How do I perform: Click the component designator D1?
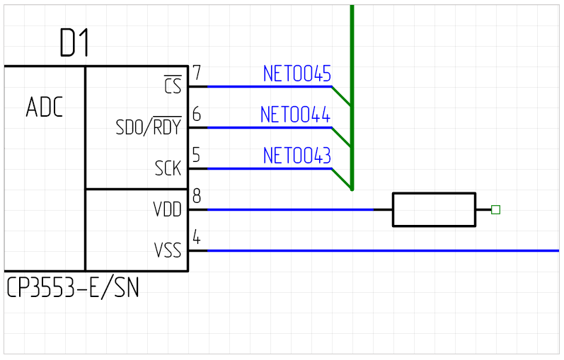[74, 45]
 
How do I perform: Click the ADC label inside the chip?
[45, 108]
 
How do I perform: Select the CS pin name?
[173, 86]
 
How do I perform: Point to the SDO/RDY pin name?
[148, 127]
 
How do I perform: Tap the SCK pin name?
[168, 169]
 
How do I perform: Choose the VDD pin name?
[167, 210]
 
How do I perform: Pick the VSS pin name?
[167, 250]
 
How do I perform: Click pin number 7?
[196, 74]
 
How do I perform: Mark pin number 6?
[196, 115]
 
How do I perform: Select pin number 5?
[196, 156]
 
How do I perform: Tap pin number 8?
[196, 197]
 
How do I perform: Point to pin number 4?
[196, 238]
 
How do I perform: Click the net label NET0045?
[297, 74]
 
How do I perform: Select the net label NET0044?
[295, 115]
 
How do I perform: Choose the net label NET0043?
[297, 156]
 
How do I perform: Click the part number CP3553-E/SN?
[73, 288]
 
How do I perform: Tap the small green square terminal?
[495, 209]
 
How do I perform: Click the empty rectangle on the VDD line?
[434, 209]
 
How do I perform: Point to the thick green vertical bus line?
[352, 42]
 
